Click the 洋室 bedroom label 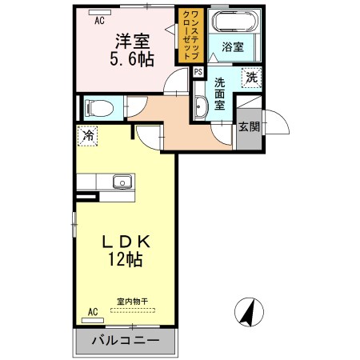click(x=130, y=39)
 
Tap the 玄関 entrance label click(x=248, y=127)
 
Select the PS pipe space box click(x=198, y=71)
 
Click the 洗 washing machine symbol click(x=252, y=78)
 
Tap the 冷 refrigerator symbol click(x=87, y=136)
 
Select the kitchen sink click(x=122, y=181)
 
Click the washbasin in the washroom click(x=201, y=105)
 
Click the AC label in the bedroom click(x=100, y=22)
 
